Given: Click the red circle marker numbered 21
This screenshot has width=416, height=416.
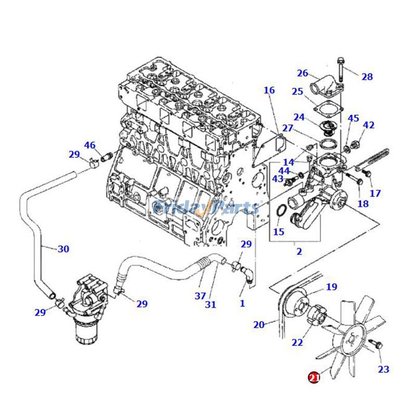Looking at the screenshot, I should (x=314, y=378).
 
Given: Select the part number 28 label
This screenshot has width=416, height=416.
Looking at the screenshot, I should (x=367, y=77).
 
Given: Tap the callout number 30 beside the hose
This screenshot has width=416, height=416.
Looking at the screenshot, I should (x=63, y=249).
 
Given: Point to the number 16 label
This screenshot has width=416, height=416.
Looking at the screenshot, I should (x=269, y=90).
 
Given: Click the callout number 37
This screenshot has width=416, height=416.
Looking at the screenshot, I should (x=201, y=296).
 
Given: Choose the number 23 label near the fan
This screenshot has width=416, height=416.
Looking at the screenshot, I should (x=383, y=369).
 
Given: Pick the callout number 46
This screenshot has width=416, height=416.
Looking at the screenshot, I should (x=89, y=145).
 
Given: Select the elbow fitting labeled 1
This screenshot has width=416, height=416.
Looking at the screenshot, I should (x=248, y=277).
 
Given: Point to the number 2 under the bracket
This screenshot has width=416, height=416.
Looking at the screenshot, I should (x=299, y=252).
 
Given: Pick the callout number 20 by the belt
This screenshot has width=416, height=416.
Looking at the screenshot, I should (x=259, y=325).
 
